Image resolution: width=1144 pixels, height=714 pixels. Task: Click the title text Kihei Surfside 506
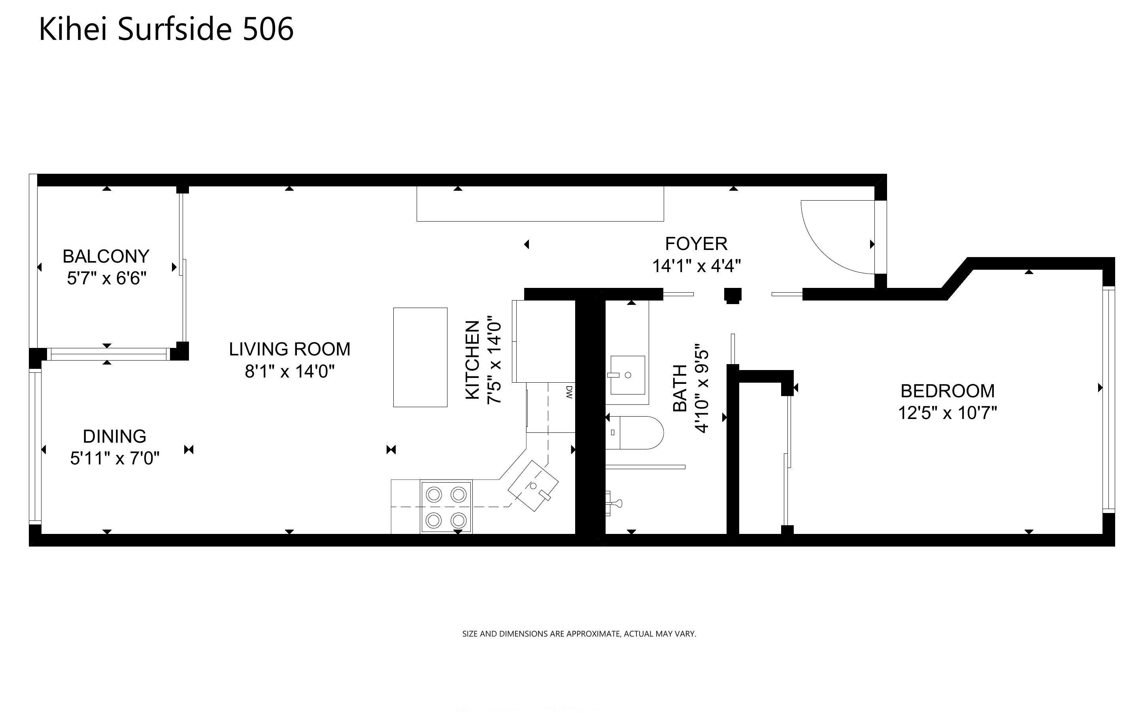click(x=166, y=29)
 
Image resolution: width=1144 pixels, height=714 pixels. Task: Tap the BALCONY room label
click(x=106, y=256)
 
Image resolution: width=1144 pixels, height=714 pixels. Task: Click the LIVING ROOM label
click(x=290, y=349)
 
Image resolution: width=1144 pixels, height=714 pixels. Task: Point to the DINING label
click(x=114, y=436)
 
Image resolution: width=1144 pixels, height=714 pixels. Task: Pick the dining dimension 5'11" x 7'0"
click(x=115, y=458)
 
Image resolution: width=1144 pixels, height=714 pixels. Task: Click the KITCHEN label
click(x=472, y=360)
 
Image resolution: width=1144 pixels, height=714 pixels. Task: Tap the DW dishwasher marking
click(x=569, y=392)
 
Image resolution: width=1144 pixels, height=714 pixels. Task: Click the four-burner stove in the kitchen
click(x=446, y=507)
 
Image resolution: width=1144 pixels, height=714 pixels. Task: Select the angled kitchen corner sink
click(x=533, y=486)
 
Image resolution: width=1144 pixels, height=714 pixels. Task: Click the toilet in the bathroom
click(x=634, y=432)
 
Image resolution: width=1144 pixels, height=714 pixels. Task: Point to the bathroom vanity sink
click(x=627, y=375)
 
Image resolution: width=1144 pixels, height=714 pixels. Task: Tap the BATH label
click(x=680, y=388)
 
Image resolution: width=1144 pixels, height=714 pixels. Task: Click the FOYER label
click(x=696, y=244)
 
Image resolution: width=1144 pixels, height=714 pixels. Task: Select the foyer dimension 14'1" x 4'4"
click(x=697, y=266)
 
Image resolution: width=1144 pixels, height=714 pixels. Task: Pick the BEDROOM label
click(x=948, y=391)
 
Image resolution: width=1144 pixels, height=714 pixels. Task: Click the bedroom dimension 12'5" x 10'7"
click(x=948, y=413)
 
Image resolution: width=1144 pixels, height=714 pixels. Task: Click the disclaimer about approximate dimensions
click(x=579, y=634)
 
